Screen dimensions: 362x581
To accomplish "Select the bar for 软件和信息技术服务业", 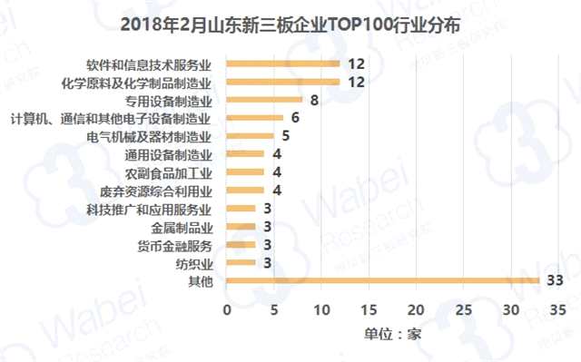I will [x=282, y=64].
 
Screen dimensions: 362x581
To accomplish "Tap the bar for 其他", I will [x=382, y=281].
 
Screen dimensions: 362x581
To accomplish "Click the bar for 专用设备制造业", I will [x=263, y=100].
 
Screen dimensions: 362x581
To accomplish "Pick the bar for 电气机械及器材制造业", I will [x=250, y=136].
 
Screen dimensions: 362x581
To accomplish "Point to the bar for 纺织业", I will [x=241, y=263].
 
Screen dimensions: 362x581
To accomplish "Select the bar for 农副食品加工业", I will [x=245, y=172].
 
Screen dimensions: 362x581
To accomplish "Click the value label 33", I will [x=556, y=281].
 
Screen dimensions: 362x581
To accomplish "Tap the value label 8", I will [x=314, y=100].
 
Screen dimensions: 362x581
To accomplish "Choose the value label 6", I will [x=294, y=118].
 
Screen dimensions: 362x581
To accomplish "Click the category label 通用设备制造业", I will [x=169, y=154].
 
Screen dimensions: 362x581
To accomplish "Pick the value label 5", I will [x=284, y=136].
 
